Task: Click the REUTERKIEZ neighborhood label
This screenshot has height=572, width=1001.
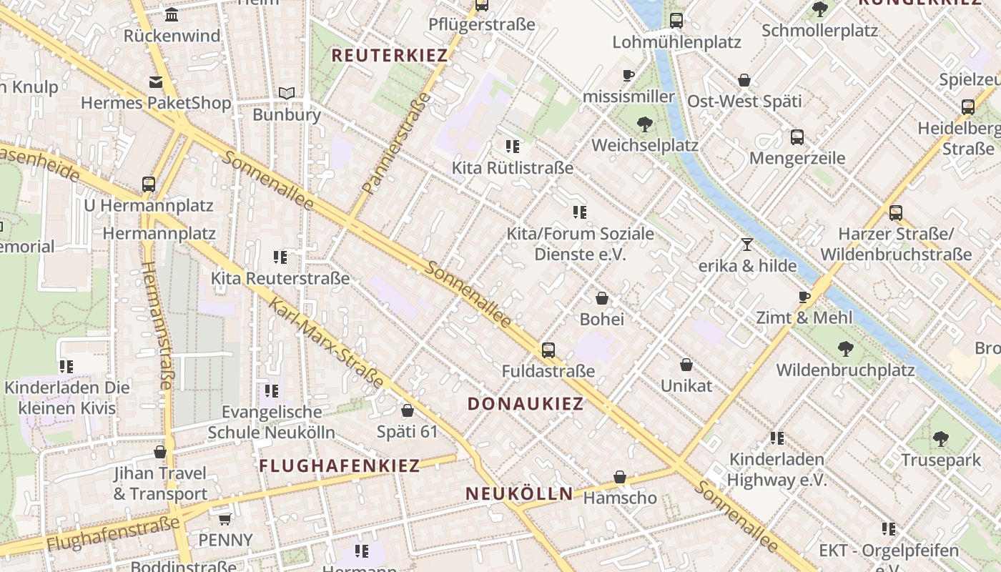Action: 390,55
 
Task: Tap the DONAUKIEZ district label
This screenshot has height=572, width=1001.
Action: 526,403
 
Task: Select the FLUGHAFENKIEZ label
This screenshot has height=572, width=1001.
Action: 339,466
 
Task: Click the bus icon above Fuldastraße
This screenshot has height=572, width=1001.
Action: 548,350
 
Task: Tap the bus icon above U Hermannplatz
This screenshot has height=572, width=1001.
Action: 149,184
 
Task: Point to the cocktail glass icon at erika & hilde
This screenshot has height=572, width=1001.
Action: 747,245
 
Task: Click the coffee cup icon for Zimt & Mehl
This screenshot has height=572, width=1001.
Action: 804,297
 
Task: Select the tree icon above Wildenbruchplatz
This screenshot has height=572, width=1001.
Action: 846,349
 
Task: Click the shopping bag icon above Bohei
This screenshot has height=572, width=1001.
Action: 602,298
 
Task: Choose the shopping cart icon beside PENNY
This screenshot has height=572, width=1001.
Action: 225,519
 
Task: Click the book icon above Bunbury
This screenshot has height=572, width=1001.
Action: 287,94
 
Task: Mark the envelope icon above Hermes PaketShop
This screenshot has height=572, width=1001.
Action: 156,82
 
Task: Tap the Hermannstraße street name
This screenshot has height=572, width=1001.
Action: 157,325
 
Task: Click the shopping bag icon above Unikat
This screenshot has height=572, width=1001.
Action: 686,365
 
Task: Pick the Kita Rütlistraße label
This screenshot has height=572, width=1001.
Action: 513,168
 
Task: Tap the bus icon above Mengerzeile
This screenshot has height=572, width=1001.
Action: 797,137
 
